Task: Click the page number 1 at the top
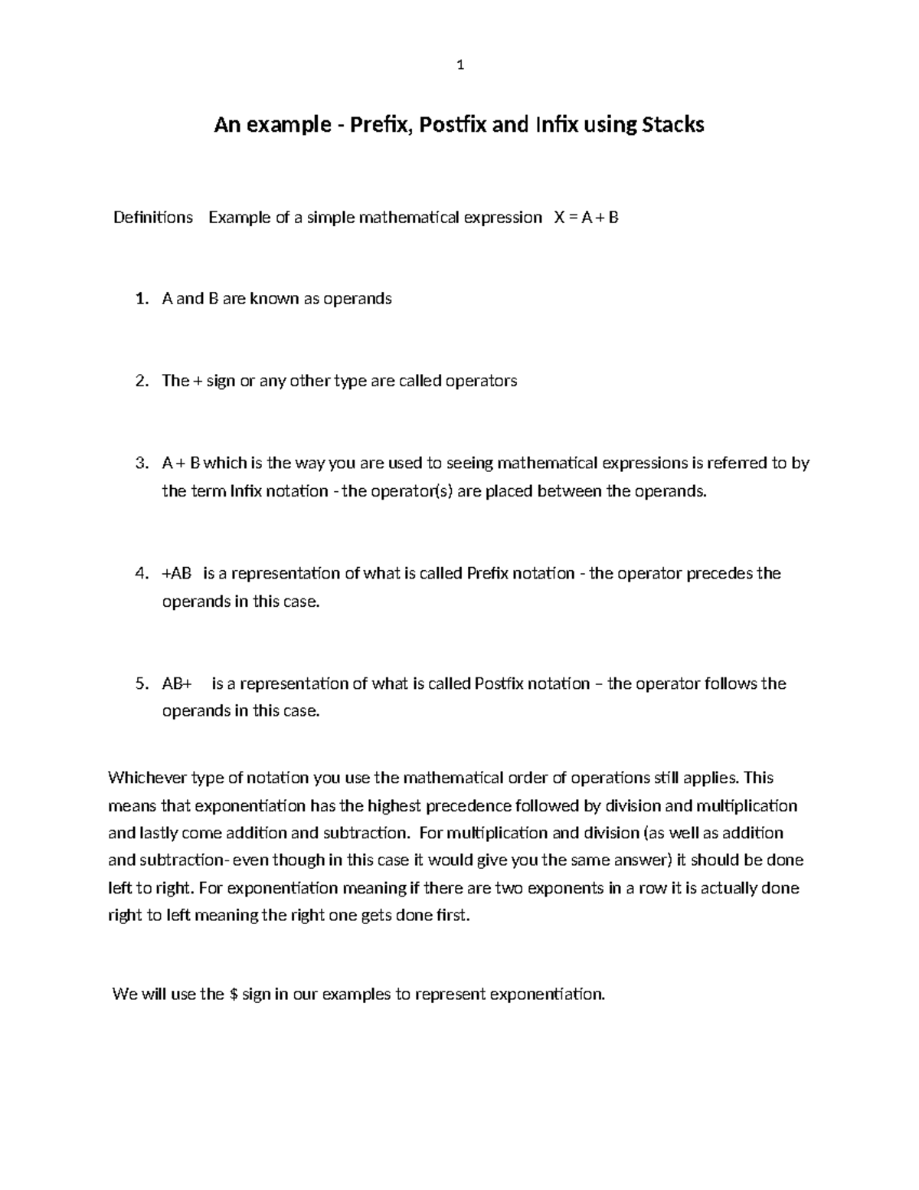click(459, 66)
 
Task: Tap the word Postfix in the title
click(440, 124)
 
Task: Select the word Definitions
click(153, 218)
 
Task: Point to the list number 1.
click(140, 299)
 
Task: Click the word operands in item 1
click(357, 299)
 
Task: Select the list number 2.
click(140, 381)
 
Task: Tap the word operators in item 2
click(481, 381)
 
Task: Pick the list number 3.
click(140, 464)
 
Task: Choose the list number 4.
click(140, 574)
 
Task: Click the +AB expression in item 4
click(177, 574)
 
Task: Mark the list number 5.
click(140, 684)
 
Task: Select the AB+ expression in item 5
click(177, 684)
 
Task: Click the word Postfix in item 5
click(499, 684)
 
